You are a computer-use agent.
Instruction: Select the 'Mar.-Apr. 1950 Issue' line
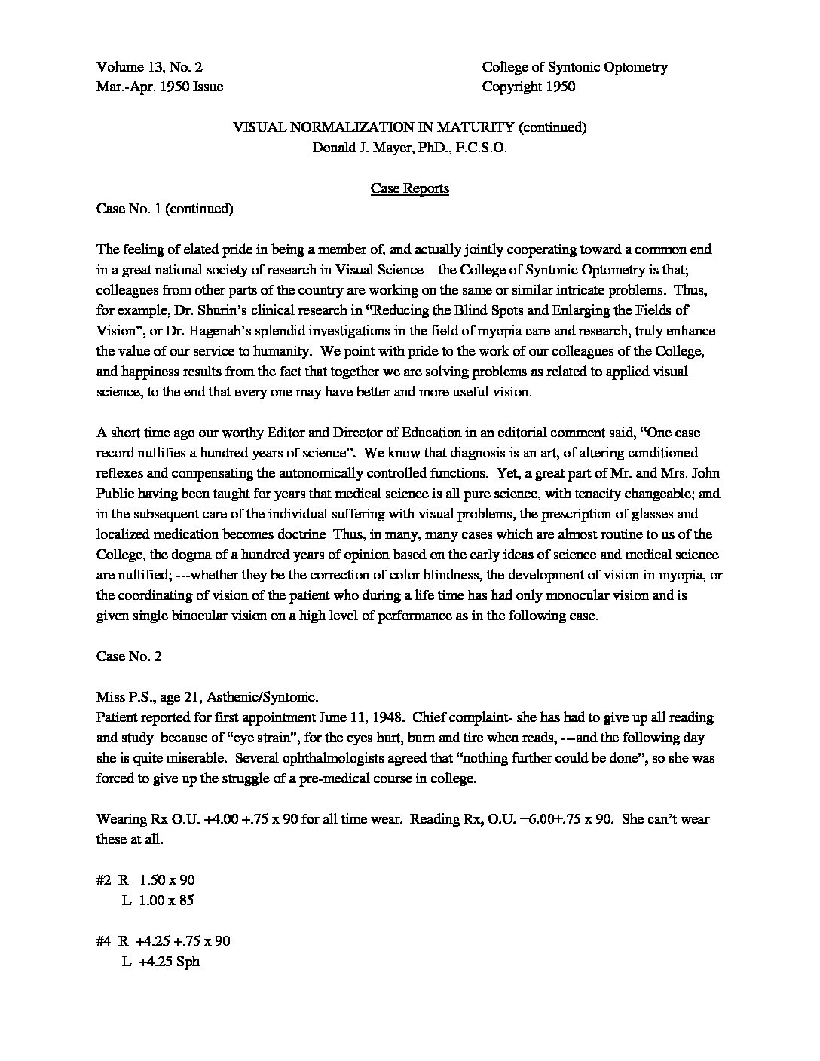coord(160,87)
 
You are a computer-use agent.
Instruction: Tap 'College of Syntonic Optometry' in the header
coord(574,67)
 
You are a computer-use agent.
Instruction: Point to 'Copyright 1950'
coord(528,87)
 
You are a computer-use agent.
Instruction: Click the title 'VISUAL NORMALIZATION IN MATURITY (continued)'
coord(409,127)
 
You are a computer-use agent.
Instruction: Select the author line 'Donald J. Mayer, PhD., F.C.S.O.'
coord(409,148)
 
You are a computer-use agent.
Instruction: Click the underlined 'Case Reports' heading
coord(409,188)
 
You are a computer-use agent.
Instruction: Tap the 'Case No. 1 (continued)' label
coord(164,209)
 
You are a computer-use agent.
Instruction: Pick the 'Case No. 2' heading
coord(129,656)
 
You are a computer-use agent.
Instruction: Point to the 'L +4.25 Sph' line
coord(160,962)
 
